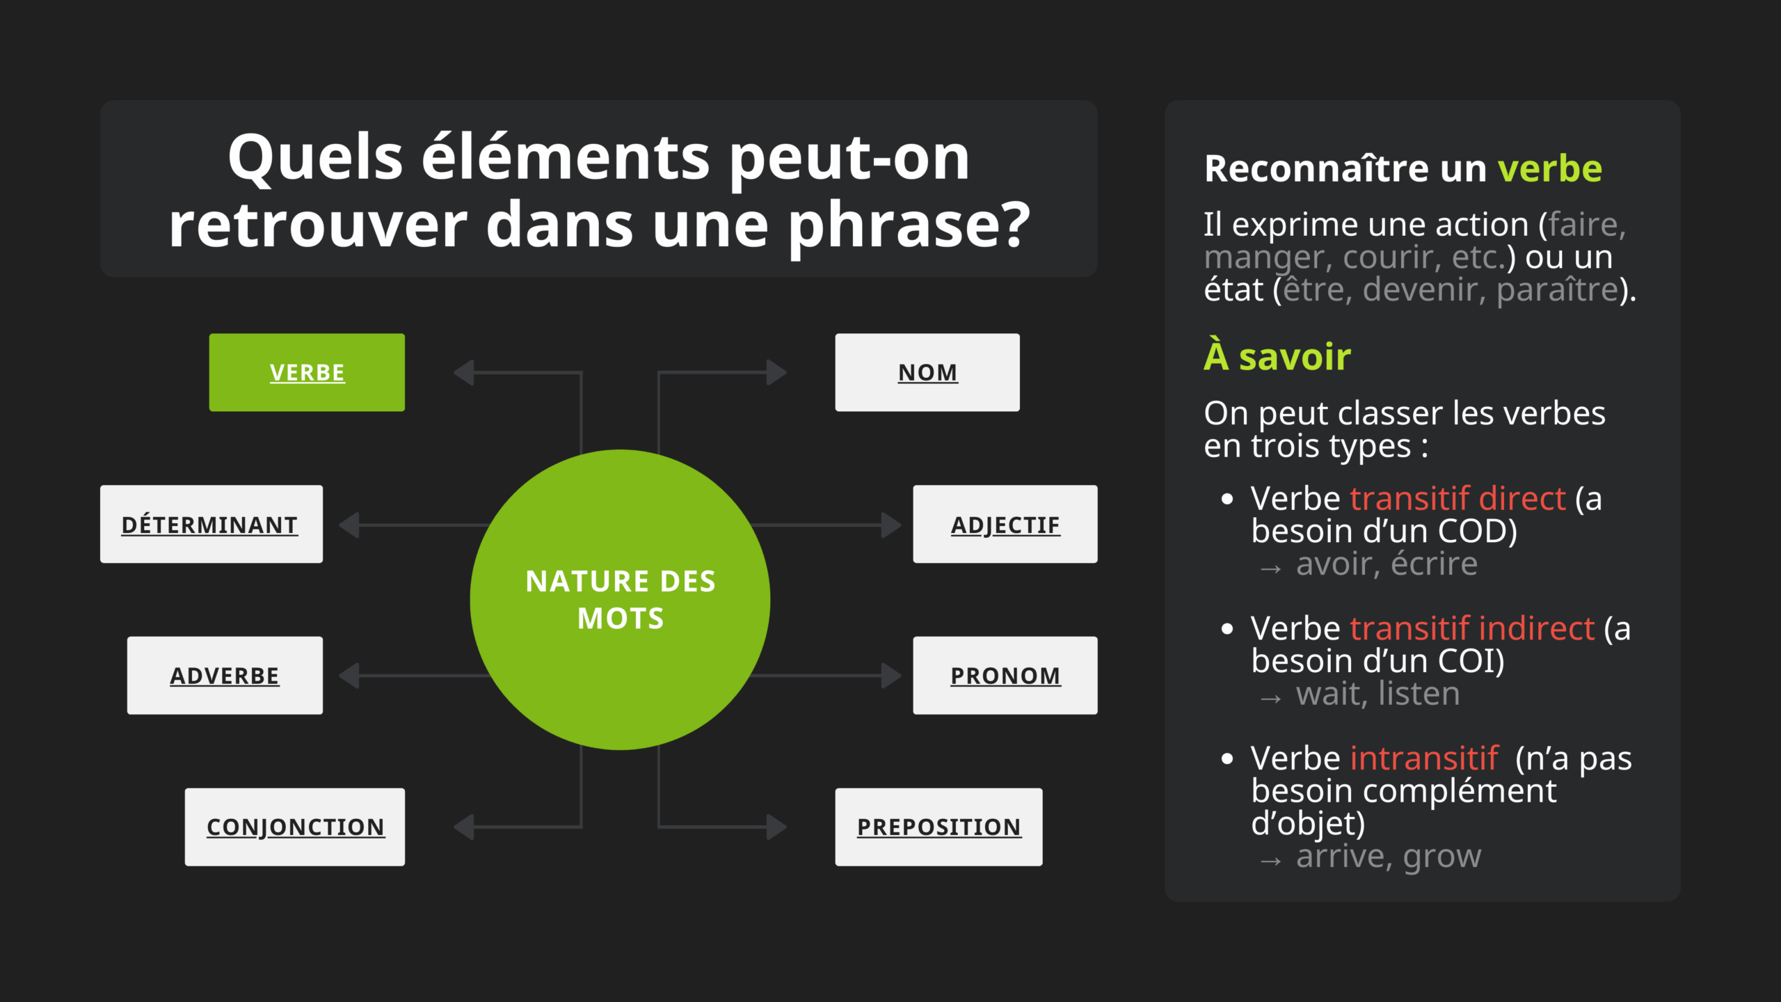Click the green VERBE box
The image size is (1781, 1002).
(x=307, y=372)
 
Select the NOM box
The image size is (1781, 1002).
(x=927, y=372)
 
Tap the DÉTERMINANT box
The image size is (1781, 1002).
(x=211, y=524)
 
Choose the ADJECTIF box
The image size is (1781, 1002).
(x=1005, y=524)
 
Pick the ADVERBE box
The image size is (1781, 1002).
(x=225, y=675)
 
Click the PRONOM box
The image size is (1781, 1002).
(x=1005, y=675)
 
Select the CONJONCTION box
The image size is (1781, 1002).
(x=295, y=827)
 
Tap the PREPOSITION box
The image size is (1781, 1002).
(x=939, y=827)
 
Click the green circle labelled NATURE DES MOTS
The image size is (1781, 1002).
(x=620, y=600)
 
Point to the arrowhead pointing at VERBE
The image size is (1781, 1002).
(x=463, y=372)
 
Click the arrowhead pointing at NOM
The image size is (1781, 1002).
(x=777, y=372)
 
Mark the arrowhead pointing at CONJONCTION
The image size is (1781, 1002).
(x=463, y=827)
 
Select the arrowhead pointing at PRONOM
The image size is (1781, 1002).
(x=892, y=675)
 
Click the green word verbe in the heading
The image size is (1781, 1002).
(x=1550, y=168)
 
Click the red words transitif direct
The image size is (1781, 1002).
(x=1457, y=498)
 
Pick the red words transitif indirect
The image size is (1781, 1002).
(x=1472, y=628)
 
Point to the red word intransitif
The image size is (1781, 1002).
(x=1424, y=758)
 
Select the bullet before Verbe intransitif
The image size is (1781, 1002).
(x=1227, y=758)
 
